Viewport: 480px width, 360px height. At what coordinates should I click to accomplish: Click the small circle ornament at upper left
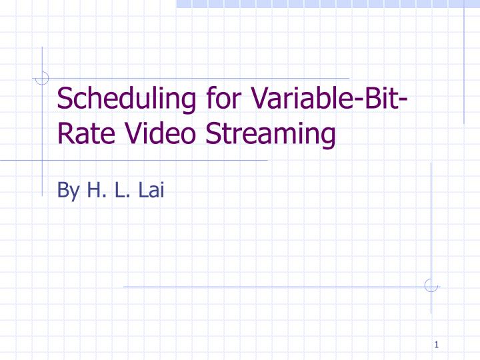coord(42,78)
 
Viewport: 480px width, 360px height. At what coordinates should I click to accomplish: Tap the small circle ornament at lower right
coord(431,285)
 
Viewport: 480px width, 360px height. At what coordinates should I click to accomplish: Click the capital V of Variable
coord(259,101)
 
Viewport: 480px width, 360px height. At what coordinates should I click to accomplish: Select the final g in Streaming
coord(327,138)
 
